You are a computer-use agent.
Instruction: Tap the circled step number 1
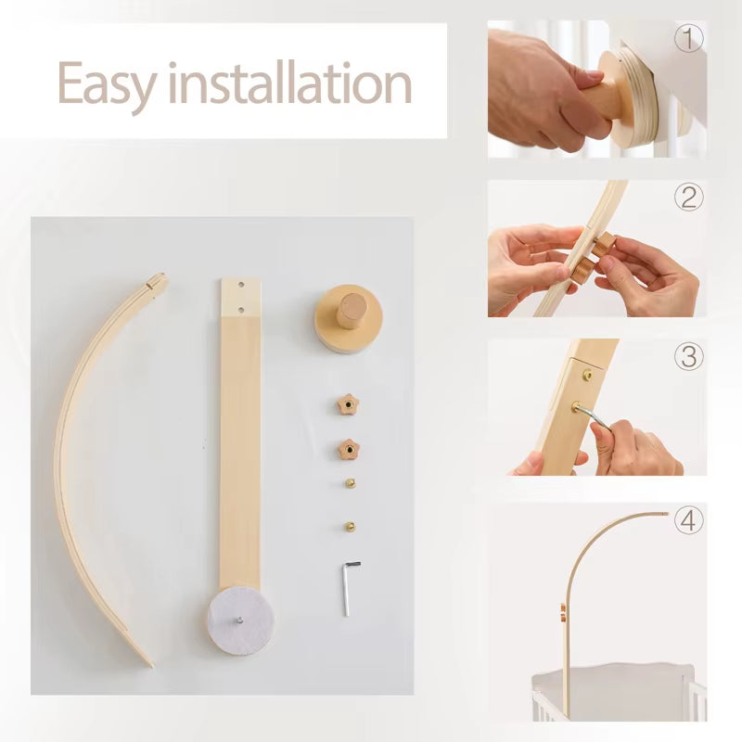click(688, 39)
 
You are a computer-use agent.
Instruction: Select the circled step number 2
click(688, 197)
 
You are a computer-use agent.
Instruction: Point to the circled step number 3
click(688, 356)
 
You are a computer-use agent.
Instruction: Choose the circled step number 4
click(688, 521)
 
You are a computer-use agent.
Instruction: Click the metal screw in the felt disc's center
click(238, 620)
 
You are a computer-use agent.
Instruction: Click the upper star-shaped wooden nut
click(347, 404)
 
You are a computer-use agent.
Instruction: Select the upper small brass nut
click(350, 483)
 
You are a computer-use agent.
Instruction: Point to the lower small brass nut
click(351, 525)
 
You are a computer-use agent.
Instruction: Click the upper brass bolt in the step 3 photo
click(587, 376)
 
